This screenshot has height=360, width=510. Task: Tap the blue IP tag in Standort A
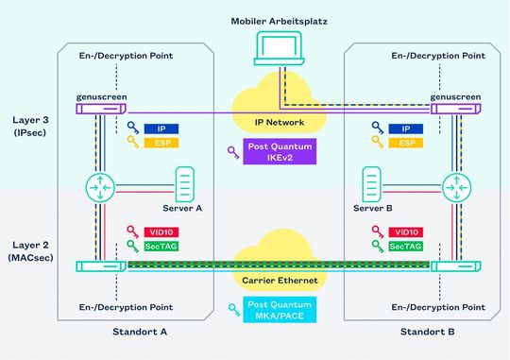click(x=161, y=128)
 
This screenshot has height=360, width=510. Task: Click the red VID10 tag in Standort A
click(x=161, y=231)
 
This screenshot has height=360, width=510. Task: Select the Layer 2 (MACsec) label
click(x=31, y=251)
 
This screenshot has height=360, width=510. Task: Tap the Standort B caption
click(x=426, y=333)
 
